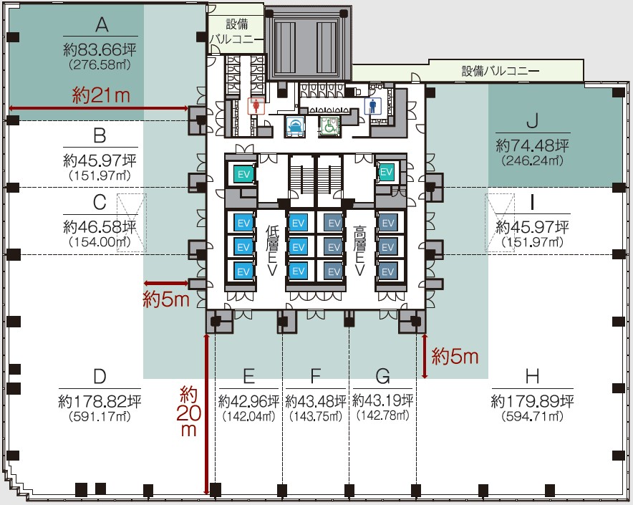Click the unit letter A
click(101, 26)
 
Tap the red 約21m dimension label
click(102, 95)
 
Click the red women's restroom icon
click(256, 105)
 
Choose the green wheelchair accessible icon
click(329, 127)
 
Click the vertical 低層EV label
click(271, 251)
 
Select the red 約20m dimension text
click(188, 411)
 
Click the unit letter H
click(531, 377)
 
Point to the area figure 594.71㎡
click(531, 415)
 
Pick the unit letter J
click(531, 120)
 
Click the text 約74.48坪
click(532, 145)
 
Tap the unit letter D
click(100, 377)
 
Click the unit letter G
click(382, 377)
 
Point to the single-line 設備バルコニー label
click(501, 71)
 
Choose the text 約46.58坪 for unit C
click(100, 227)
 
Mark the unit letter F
click(316, 377)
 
